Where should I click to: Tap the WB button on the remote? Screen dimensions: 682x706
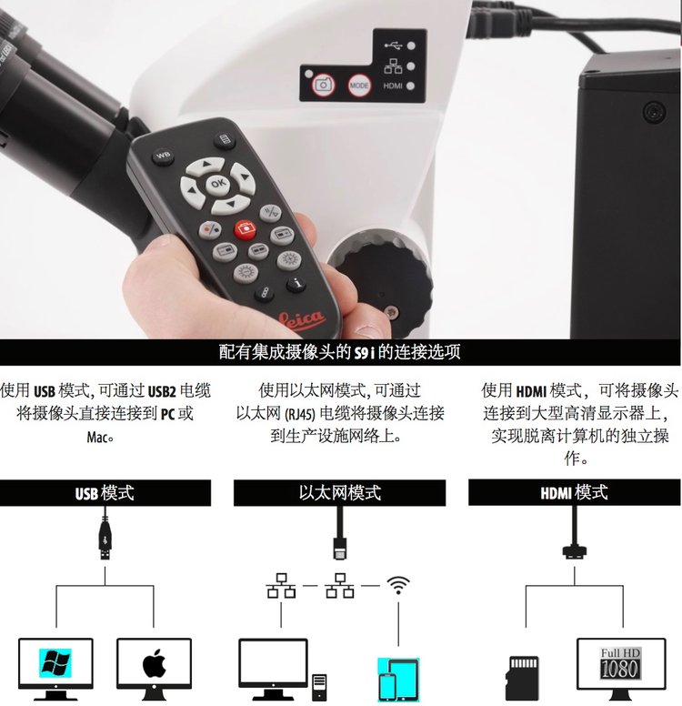(x=163, y=156)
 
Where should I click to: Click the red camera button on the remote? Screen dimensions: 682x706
(x=245, y=229)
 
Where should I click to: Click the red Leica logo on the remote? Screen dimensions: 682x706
(x=302, y=318)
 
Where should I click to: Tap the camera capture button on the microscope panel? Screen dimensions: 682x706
(x=323, y=85)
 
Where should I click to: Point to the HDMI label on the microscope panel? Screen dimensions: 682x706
(x=393, y=86)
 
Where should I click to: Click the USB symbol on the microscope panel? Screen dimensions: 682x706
(x=394, y=45)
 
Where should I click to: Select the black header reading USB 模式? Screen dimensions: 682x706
(x=105, y=492)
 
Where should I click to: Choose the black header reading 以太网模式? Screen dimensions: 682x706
(x=339, y=492)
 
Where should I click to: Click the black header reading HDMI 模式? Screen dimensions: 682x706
(x=575, y=492)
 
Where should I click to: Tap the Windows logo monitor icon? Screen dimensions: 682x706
(x=55, y=669)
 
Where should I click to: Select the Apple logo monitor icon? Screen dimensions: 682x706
(x=154, y=669)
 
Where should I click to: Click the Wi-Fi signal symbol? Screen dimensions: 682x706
(x=398, y=585)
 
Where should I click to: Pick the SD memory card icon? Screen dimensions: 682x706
(x=523, y=678)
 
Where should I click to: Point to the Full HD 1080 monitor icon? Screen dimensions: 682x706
(x=621, y=669)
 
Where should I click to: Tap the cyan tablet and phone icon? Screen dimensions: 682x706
(x=398, y=680)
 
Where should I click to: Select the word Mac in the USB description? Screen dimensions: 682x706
(x=96, y=437)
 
